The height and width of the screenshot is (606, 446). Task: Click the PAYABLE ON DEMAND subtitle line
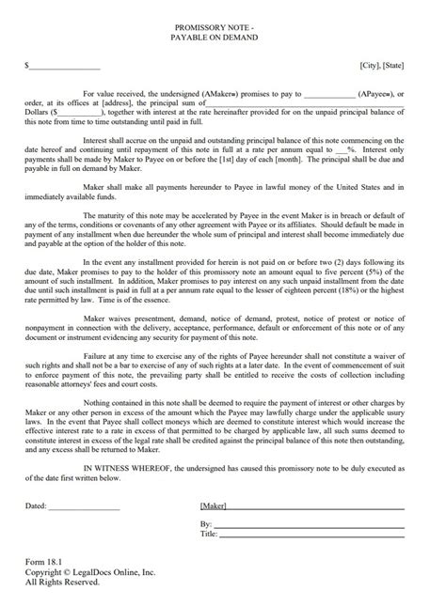click(223, 41)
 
